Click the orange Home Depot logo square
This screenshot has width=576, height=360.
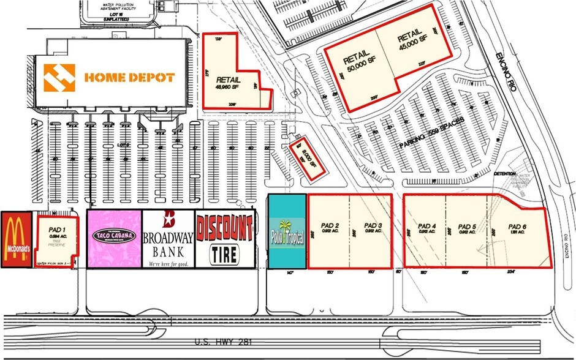(x=60, y=78)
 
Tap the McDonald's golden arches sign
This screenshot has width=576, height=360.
(x=16, y=239)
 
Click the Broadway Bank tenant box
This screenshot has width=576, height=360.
(x=169, y=239)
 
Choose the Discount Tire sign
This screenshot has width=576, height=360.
(x=224, y=239)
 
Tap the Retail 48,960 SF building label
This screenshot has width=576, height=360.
(x=228, y=83)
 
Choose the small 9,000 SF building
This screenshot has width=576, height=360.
(x=305, y=157)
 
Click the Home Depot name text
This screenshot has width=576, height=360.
(x=129, y=78)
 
